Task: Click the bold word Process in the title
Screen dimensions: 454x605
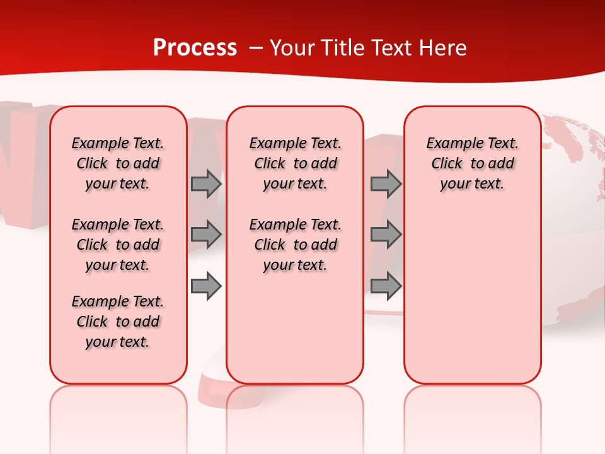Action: coord(195,48)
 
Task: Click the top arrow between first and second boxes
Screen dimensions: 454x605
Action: coord(206,183)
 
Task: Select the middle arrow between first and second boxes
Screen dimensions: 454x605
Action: coord(206,235)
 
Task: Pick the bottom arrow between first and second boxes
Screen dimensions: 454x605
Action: coord(206,286)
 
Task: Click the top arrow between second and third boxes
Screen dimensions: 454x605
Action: coord(386,183)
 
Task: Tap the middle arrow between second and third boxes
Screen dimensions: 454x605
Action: coord(386,235)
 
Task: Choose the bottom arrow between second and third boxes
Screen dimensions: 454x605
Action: coord(386,286)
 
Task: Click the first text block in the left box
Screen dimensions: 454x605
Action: coord(118,163)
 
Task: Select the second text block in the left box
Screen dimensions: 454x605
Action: coord(118,245)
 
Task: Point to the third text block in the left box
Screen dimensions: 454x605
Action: coord(118,322)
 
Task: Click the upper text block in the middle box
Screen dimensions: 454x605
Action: coord(295,163)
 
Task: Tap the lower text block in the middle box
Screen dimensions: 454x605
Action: coord(295,245)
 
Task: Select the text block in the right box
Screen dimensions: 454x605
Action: coord(472,163)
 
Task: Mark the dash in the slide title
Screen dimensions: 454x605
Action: coord(255,49)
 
